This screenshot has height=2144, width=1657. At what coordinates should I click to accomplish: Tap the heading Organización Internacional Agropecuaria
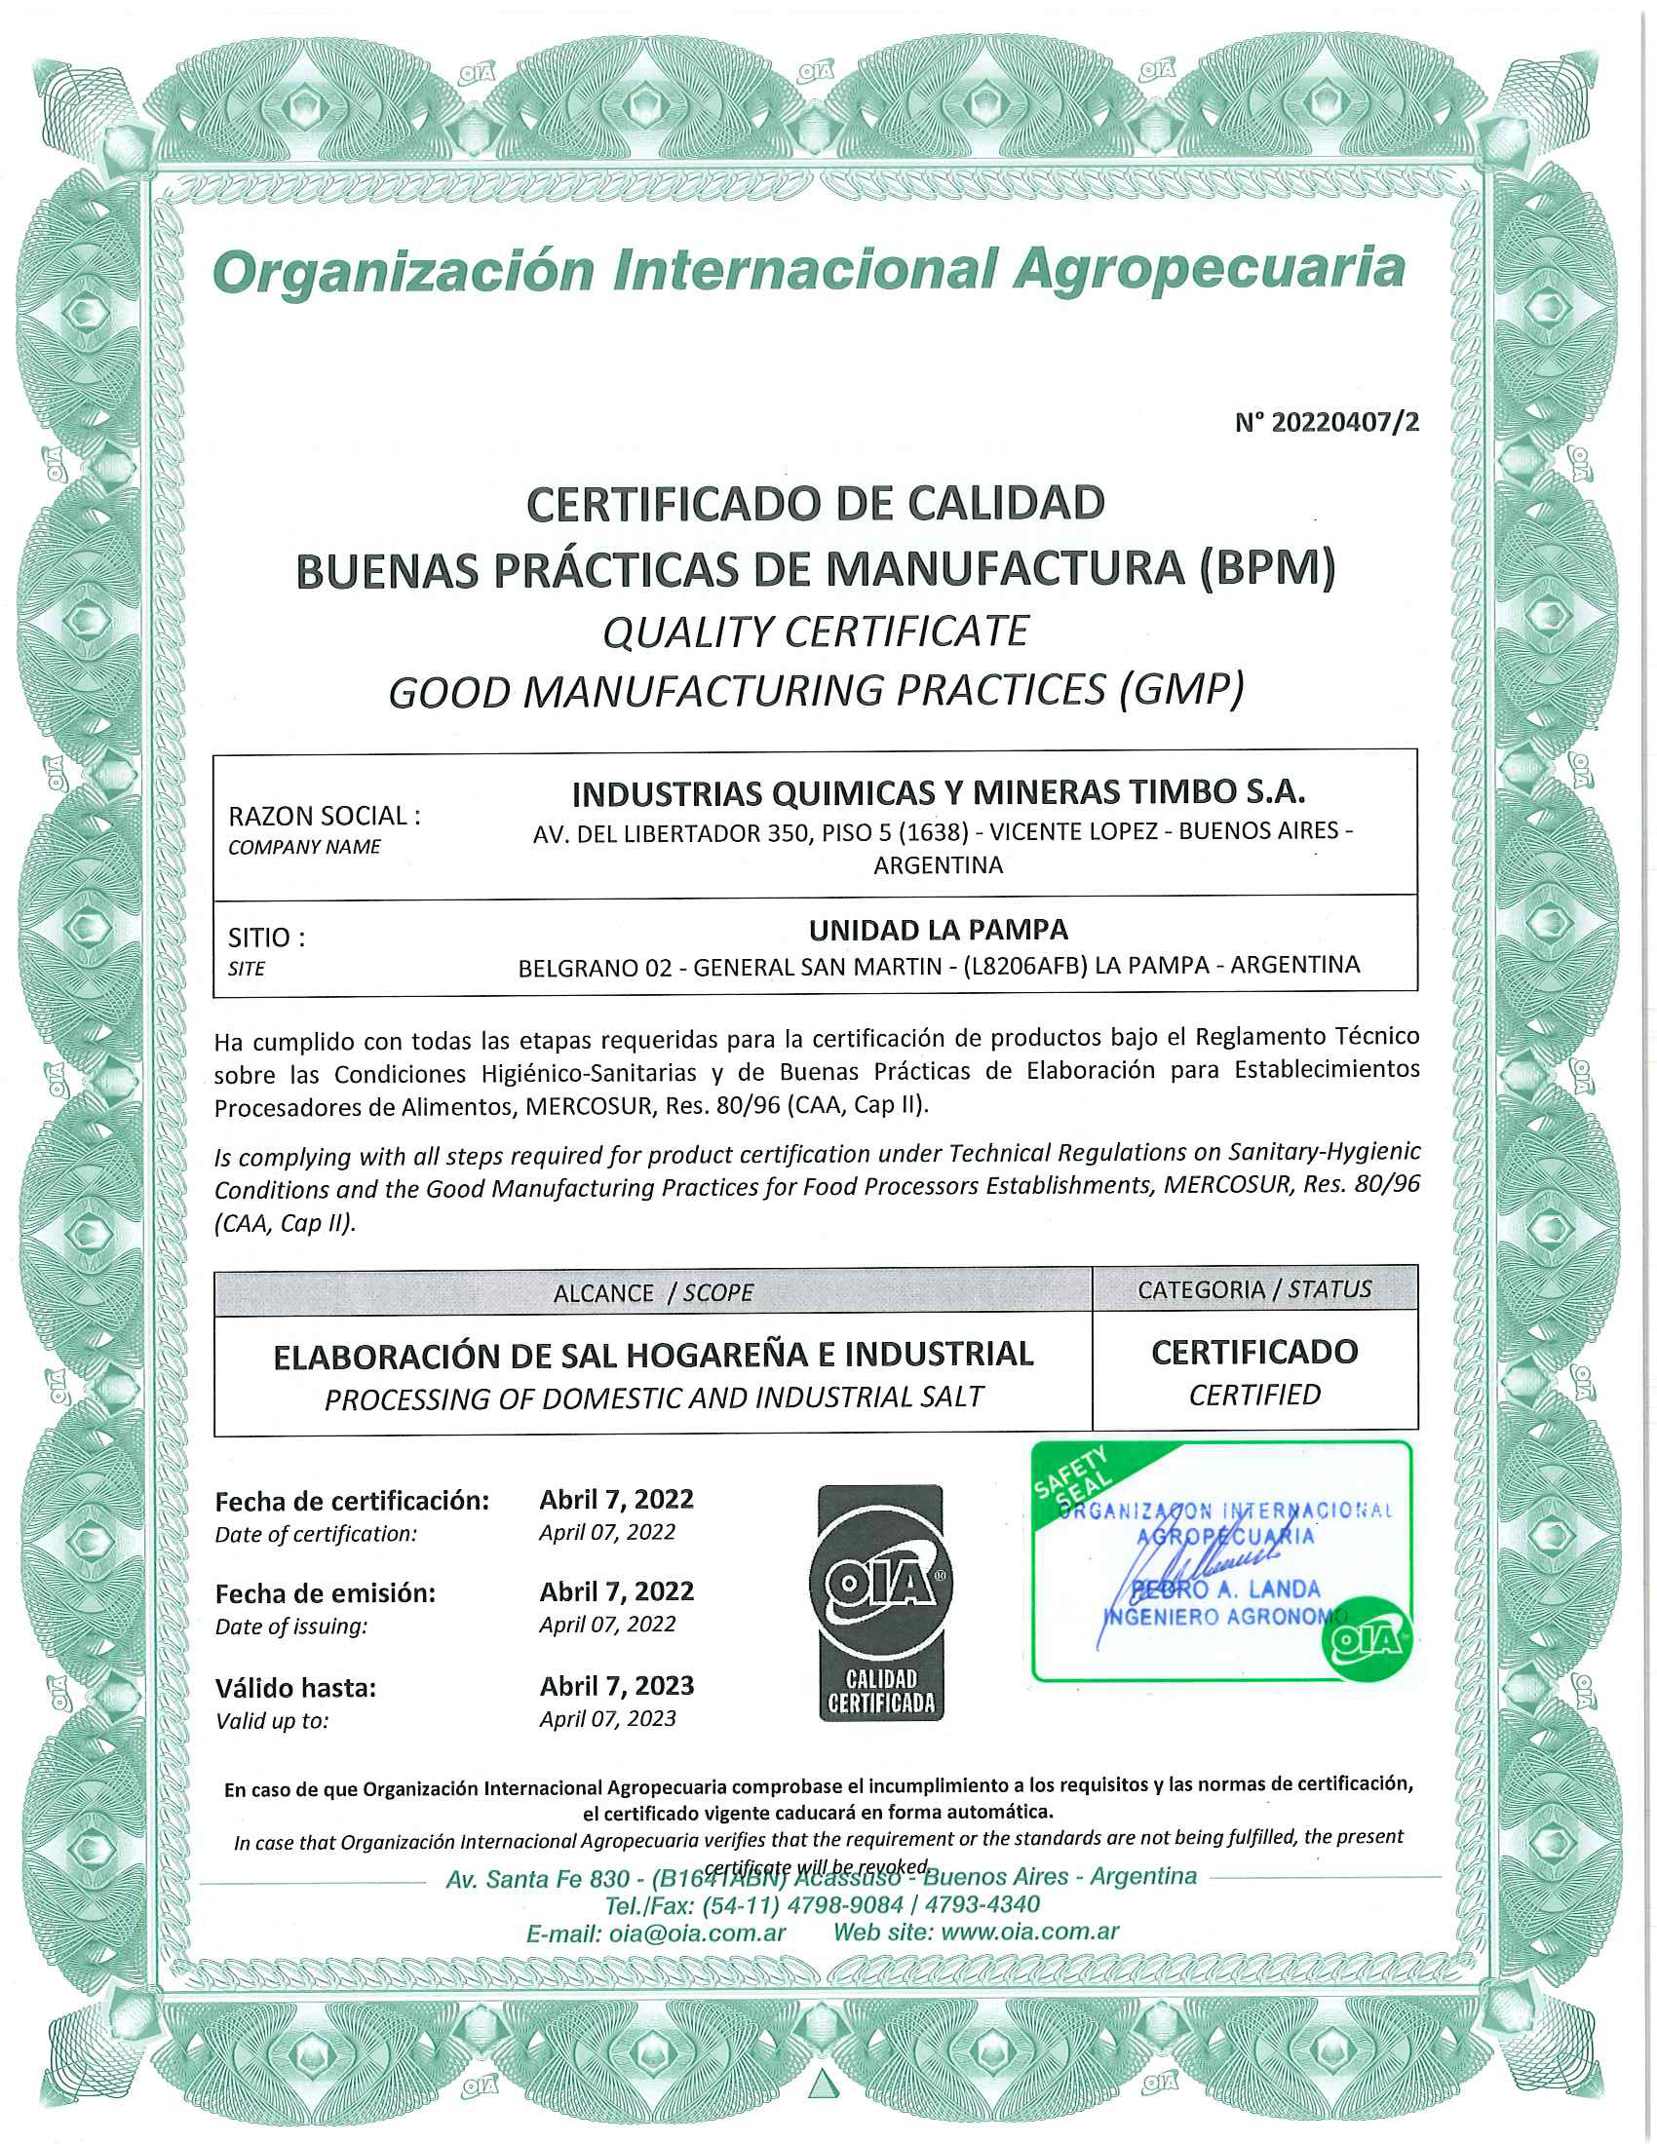click(809, 270)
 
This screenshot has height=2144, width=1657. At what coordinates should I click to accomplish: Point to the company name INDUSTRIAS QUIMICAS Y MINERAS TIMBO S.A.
click(939, 792)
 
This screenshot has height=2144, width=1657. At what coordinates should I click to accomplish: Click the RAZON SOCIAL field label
click(324, 816)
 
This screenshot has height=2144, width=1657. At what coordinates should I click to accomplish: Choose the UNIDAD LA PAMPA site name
click(939, 929)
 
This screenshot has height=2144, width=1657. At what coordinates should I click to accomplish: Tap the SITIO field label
click(266, 938)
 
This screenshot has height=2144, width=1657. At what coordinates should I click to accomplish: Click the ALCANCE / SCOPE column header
click(653, 1293)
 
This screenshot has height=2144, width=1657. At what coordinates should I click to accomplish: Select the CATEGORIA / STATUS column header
click(1253, 1289)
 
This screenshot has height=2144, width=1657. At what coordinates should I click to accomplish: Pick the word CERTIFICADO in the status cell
click(1253, 1352)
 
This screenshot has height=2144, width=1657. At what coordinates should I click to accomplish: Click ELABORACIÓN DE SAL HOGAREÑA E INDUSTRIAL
click(653, 1355)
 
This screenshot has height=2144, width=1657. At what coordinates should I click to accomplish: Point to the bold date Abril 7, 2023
click(616, 1686)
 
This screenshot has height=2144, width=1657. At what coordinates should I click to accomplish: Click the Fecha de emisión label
click(325, 1593)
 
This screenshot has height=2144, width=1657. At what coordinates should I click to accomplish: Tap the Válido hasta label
click(295, 1688)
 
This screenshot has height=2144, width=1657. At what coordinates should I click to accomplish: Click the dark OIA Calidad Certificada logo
click(879, 1603)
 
